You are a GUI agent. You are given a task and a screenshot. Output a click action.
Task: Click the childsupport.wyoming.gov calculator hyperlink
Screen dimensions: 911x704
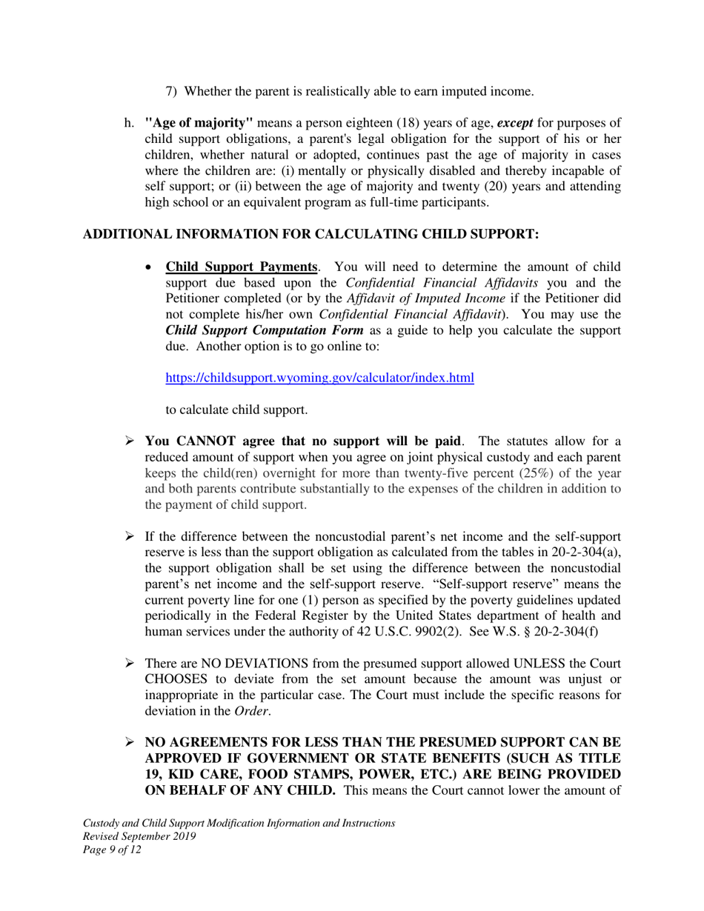319,378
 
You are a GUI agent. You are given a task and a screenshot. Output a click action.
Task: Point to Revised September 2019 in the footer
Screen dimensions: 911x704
139,837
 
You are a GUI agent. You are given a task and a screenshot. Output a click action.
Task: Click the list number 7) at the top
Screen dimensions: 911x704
170,91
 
